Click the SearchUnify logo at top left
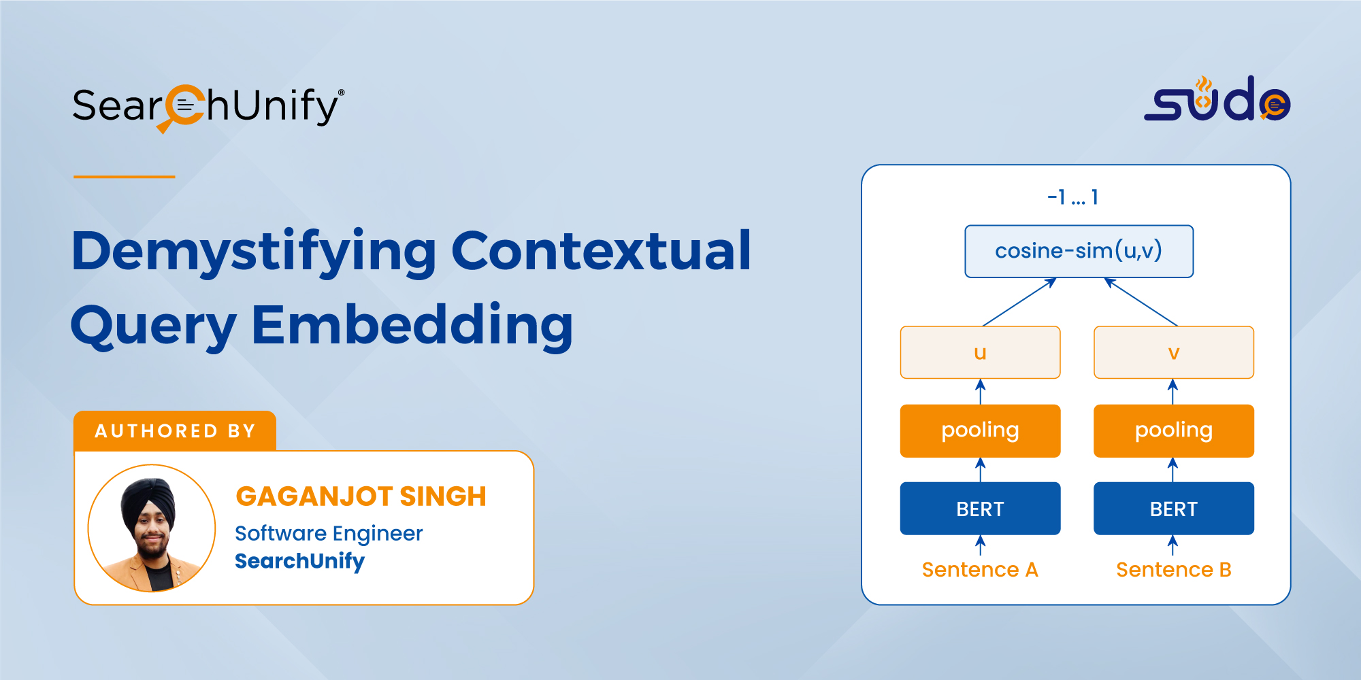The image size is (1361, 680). point(208,107)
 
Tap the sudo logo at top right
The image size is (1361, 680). point(1217,99)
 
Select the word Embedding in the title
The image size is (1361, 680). point(412,326)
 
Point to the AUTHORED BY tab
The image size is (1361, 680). point(175,430)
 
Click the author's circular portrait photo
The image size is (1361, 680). point(152,528)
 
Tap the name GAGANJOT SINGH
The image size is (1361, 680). point(361,496)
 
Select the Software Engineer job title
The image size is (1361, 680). point(329,534)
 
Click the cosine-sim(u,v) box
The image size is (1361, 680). point(1079,251)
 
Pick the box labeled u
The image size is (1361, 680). point(980,352)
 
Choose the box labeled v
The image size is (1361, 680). point(1173,352)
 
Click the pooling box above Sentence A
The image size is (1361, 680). point(980,430)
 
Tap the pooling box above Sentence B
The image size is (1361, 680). point(1173,430)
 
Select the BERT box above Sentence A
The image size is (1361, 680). point(980,509)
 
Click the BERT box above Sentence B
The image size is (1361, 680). point(1173,509)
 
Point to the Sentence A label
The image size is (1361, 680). point(980,569)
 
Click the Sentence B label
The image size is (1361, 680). point(1174,569)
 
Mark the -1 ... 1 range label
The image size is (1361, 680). point(1073,197)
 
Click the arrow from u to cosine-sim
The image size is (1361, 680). point(1019,302)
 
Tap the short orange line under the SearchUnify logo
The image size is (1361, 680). point(125,177)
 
